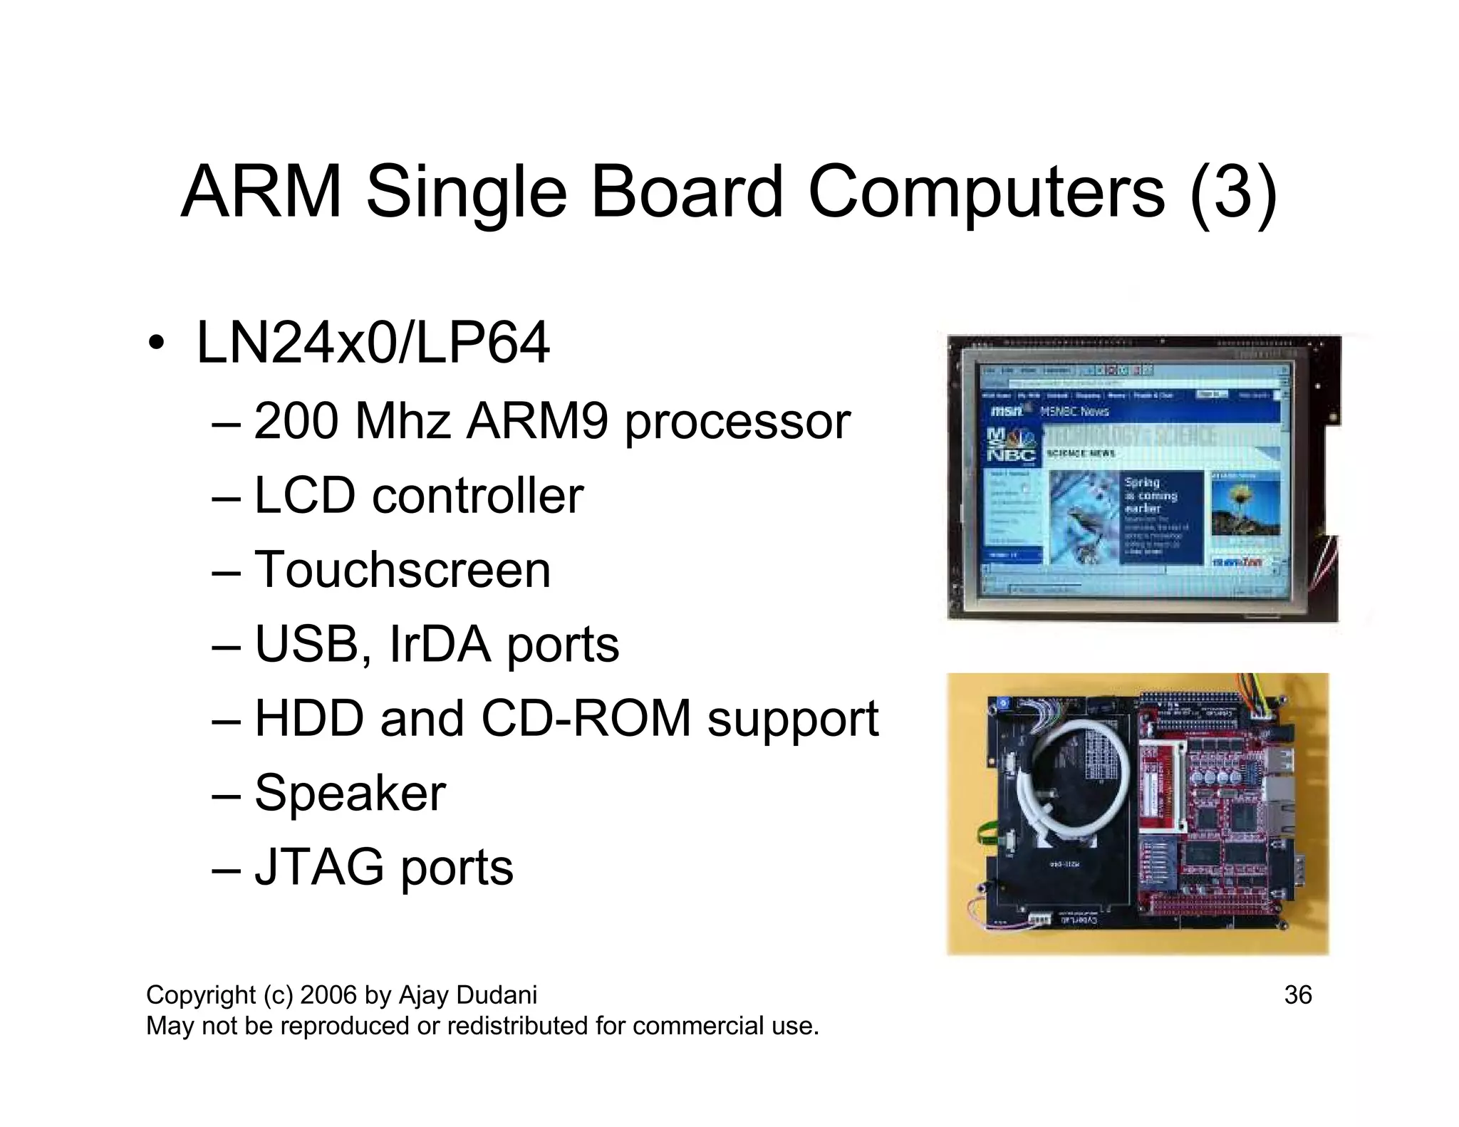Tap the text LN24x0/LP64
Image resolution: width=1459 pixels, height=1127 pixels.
point(373,343)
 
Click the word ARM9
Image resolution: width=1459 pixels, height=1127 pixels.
point(537,421)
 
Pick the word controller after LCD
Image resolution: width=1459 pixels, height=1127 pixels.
point(477,495)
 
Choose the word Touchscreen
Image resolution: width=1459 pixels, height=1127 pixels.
point(403,570)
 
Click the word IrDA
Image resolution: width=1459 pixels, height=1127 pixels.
point(440,644)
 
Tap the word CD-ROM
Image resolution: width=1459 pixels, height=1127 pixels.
point(586,718)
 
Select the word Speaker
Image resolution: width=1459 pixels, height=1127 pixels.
point(350,792)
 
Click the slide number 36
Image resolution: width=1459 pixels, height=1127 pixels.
point(1297,995)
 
